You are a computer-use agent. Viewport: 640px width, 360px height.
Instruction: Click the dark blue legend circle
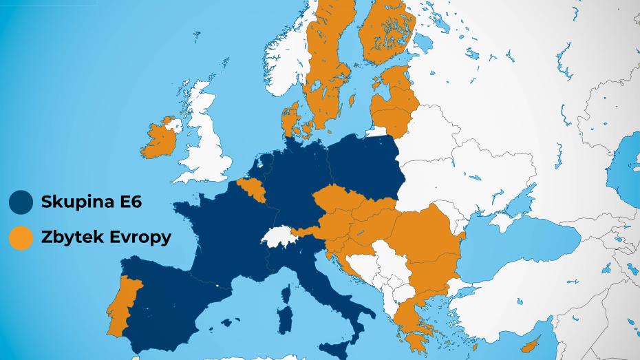[x=21, y=203]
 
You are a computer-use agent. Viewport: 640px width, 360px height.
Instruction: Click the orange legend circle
[x=21, y=237]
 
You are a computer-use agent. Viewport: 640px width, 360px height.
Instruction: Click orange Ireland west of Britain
[x=157, y=140]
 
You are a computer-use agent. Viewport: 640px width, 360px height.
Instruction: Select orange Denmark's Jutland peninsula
[x=289, y=120]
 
